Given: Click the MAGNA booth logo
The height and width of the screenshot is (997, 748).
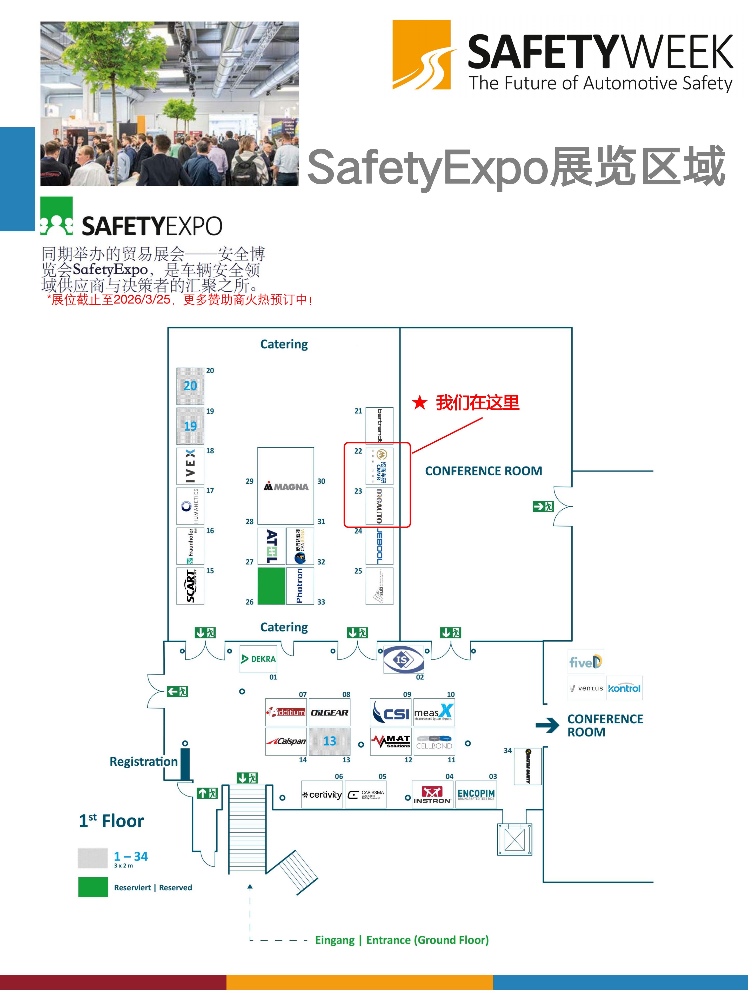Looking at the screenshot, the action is pos(286,486).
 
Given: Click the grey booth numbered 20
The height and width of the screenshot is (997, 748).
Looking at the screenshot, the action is pos(190,386).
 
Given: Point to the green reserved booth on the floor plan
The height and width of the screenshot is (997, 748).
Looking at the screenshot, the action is pos(271,585).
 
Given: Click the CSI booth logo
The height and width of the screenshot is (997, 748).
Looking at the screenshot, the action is pos(390,713).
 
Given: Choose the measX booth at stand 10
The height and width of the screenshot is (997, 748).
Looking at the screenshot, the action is pos(434,713).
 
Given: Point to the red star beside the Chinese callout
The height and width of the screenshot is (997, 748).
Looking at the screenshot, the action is pos(419,402).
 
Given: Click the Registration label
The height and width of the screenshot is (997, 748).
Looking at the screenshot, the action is pos(143,762).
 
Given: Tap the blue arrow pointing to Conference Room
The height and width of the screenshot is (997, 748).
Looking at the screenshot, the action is pos(547,725).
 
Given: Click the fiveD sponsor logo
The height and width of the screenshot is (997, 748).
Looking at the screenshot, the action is pos(585,662).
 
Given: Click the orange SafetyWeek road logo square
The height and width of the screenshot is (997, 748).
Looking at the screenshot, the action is pos(422,55).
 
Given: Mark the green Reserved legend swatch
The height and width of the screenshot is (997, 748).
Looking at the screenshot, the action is pos(93,887).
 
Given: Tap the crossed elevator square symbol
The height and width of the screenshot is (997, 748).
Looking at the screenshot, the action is pos(515,839).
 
